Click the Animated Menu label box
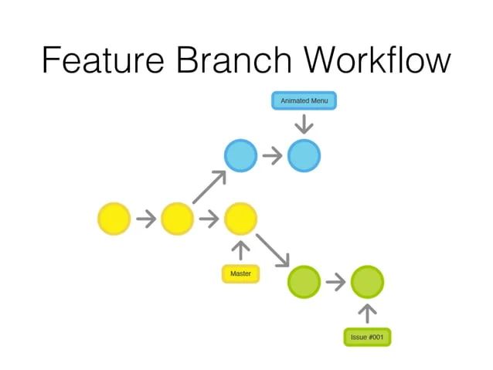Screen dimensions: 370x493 coord(304,100)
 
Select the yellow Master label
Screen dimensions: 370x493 coord(240,273)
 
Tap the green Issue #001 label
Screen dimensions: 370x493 coord(367,338)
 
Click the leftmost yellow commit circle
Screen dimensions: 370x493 coord(114,219)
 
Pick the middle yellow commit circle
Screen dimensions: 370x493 coord(177,219)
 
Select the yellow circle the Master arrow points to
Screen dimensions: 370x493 coord(240,219)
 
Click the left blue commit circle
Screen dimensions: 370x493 coord(240,156)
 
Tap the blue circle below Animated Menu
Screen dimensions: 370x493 coord(304,156)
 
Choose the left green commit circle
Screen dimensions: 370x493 coord(304,281)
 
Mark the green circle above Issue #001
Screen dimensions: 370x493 coord(367,281)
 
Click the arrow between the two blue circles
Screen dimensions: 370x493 coord(272,156)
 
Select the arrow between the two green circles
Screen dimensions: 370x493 coord(335,281)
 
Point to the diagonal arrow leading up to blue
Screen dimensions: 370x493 coord(209,187)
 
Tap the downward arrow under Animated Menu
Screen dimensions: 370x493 coord(304,124)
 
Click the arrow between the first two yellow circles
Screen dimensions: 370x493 coord(145,219)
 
